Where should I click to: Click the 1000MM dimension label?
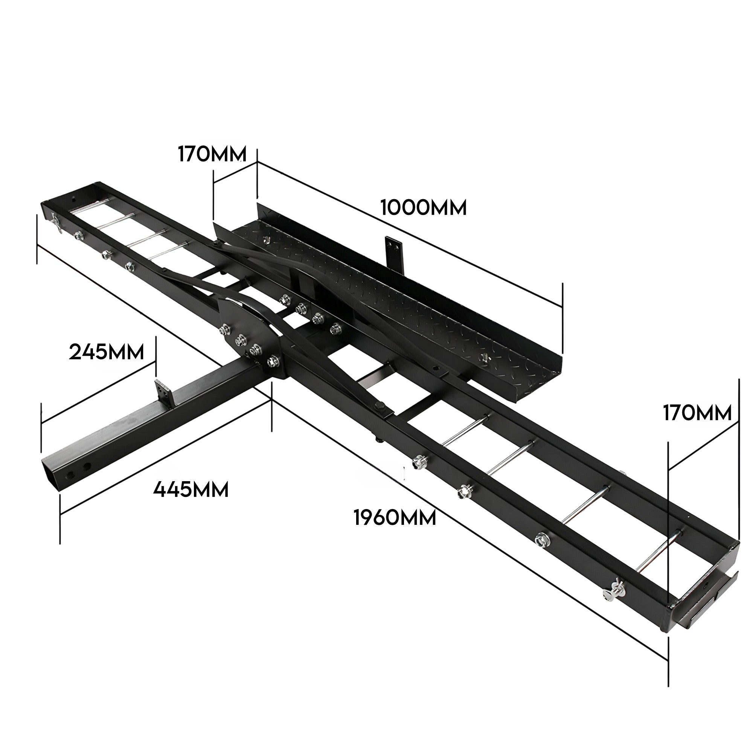[x=423, y=207]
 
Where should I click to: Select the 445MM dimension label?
[x=191, y=489]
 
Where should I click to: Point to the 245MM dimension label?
[x=107, y=352]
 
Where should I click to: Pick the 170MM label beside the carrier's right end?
[x=697, y=413]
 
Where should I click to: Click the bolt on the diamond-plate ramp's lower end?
[x=485, y=357]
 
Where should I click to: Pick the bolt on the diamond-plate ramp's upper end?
[x=267, y=239]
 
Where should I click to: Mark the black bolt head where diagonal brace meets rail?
[x=380, y=408]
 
